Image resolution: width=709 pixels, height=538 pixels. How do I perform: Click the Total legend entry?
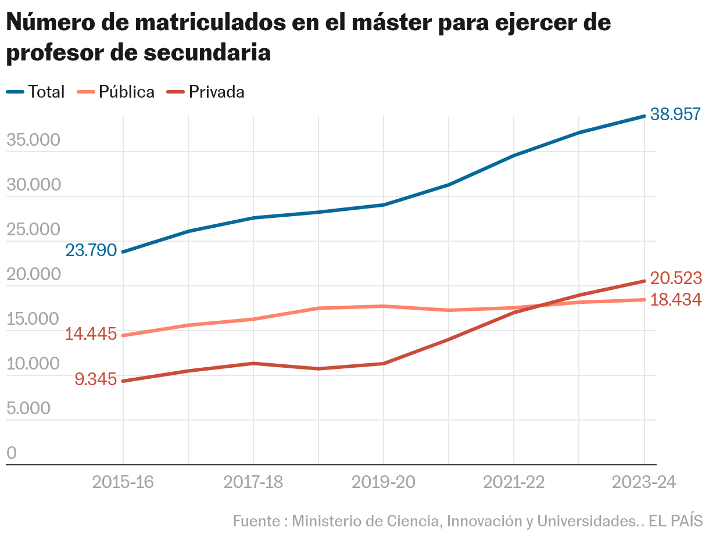click(35, 92)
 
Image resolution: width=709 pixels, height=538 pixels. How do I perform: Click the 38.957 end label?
click(675, 114)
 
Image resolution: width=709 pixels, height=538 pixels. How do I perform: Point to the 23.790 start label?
click(91, 250)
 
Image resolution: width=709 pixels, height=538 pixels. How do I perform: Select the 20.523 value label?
click(675, 279)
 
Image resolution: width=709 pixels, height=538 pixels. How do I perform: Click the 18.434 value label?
click(675, 300)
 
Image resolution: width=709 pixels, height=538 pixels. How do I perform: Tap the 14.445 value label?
click(91, 334)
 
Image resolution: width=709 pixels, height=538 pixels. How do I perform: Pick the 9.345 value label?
click(95, 379)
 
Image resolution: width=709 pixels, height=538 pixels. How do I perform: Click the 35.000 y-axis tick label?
click(34, 141)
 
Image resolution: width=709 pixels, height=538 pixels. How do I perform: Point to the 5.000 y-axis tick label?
click(28, 408)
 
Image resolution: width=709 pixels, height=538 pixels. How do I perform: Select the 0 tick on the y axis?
click(12, 453)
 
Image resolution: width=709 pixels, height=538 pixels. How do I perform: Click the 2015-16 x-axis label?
click(123, 483)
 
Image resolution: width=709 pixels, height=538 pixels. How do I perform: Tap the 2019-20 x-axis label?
click(384, 483)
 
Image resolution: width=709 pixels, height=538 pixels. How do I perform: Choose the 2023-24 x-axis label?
click(644, 483)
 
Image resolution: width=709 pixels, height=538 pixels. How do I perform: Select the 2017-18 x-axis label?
click(253, 483)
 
